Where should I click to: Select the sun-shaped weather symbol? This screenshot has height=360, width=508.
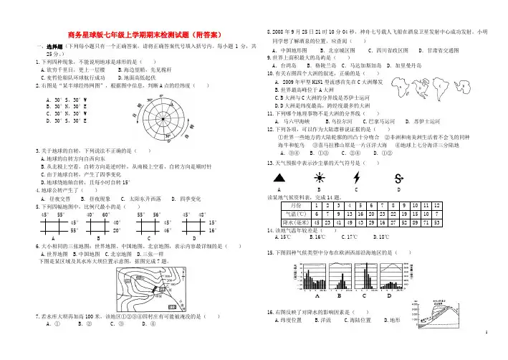point(316,177)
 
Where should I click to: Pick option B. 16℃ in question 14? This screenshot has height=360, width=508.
point(310,236)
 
